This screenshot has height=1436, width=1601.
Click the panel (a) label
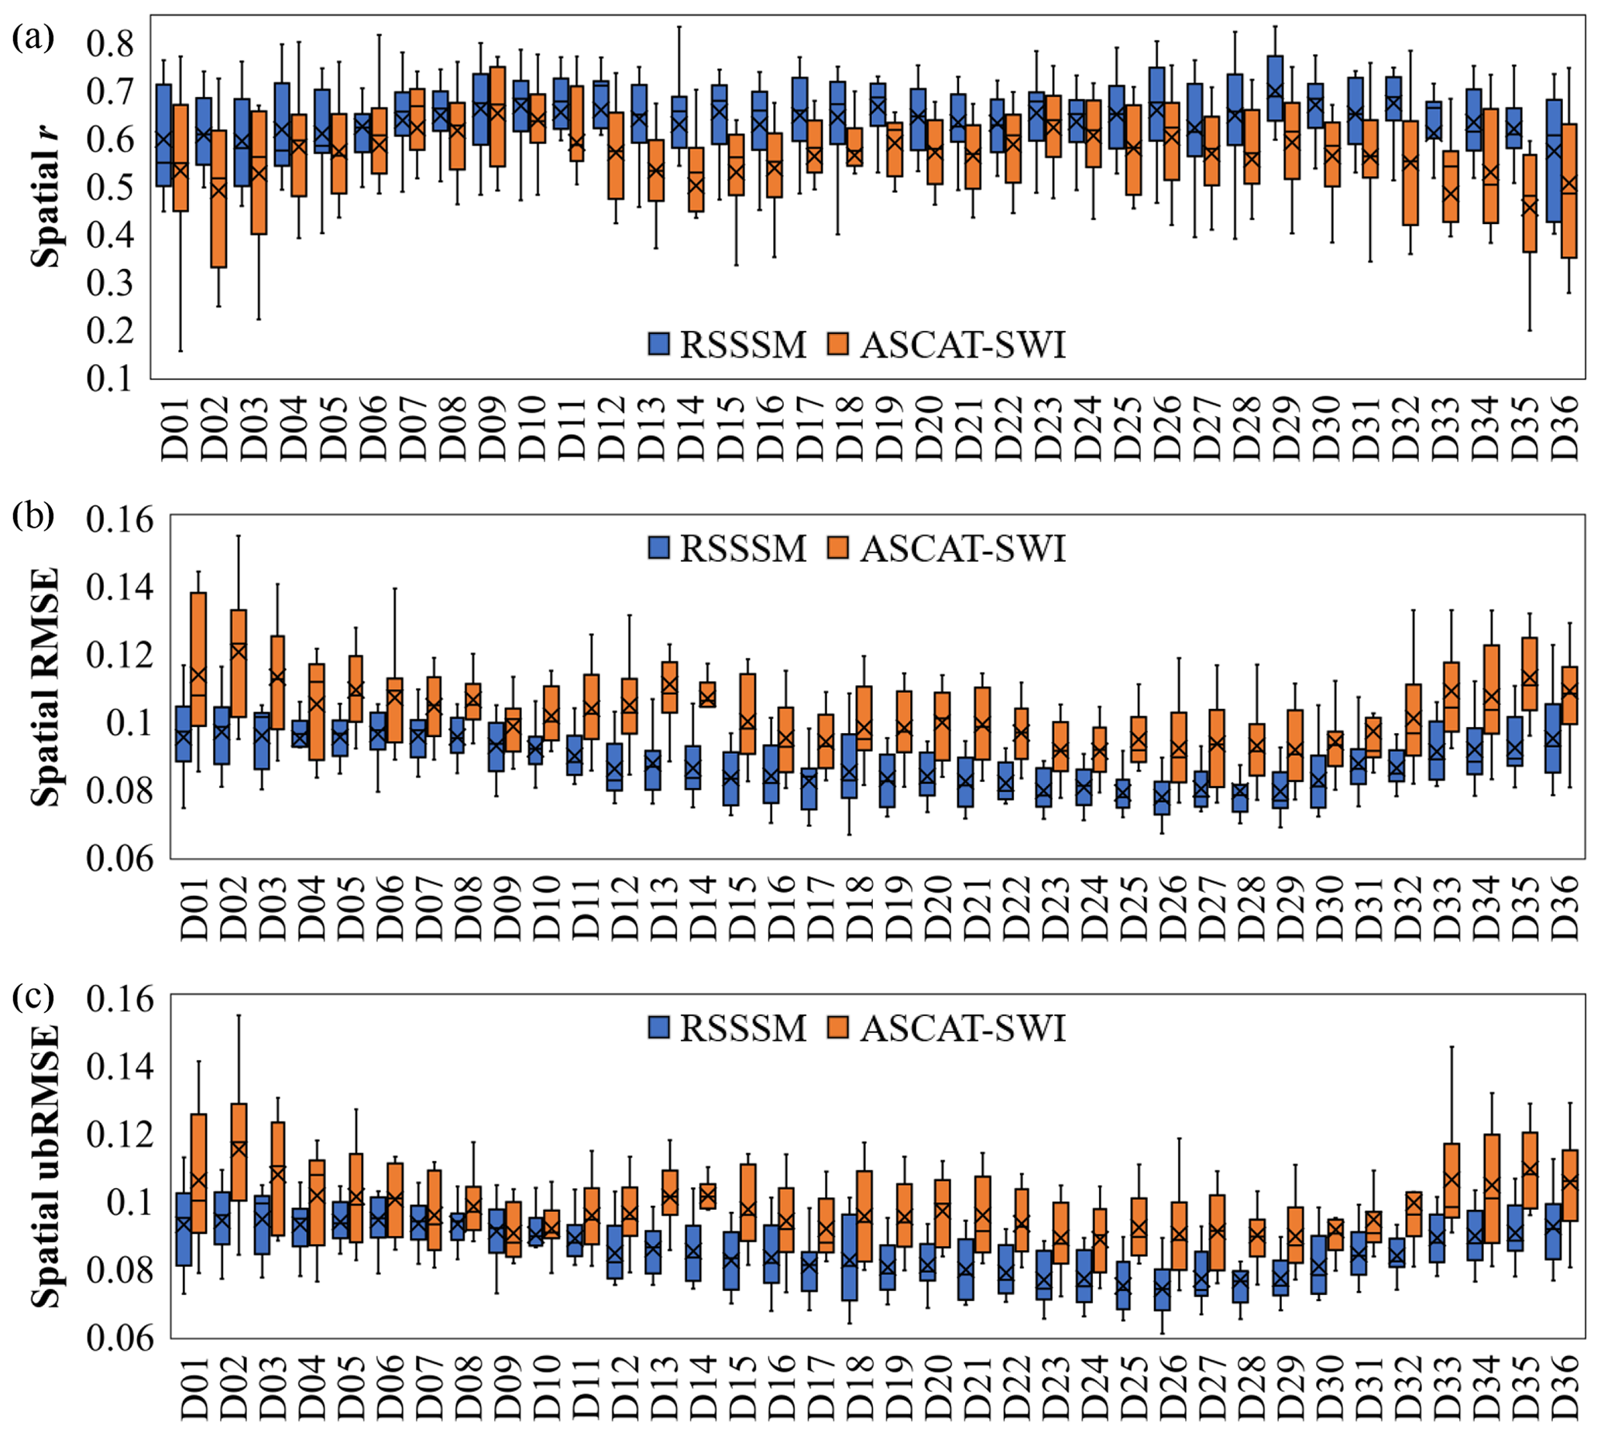(x=33, y=37)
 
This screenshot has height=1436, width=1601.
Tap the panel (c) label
(x=33, y=997)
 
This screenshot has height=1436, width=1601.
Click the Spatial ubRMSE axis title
(x=46, y=1166)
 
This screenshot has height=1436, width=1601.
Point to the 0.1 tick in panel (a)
(x=110, y=378)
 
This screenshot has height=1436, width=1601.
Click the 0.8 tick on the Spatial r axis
(x=110, y=43)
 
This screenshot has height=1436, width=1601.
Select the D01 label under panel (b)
(x=194, y=907)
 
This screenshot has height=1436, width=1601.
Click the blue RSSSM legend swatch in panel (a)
(x=658, y=343)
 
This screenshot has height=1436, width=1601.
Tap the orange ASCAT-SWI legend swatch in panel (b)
(x=838, y=547)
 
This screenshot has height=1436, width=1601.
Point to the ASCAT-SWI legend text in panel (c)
(x=963, y=1028)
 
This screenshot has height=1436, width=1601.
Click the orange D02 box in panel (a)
(x=218, y=199)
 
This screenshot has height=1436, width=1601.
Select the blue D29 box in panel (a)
(x=1275, y=88)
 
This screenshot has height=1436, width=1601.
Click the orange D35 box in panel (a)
(x=1529, y=204)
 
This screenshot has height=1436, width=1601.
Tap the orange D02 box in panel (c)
(x=239, y=1151)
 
